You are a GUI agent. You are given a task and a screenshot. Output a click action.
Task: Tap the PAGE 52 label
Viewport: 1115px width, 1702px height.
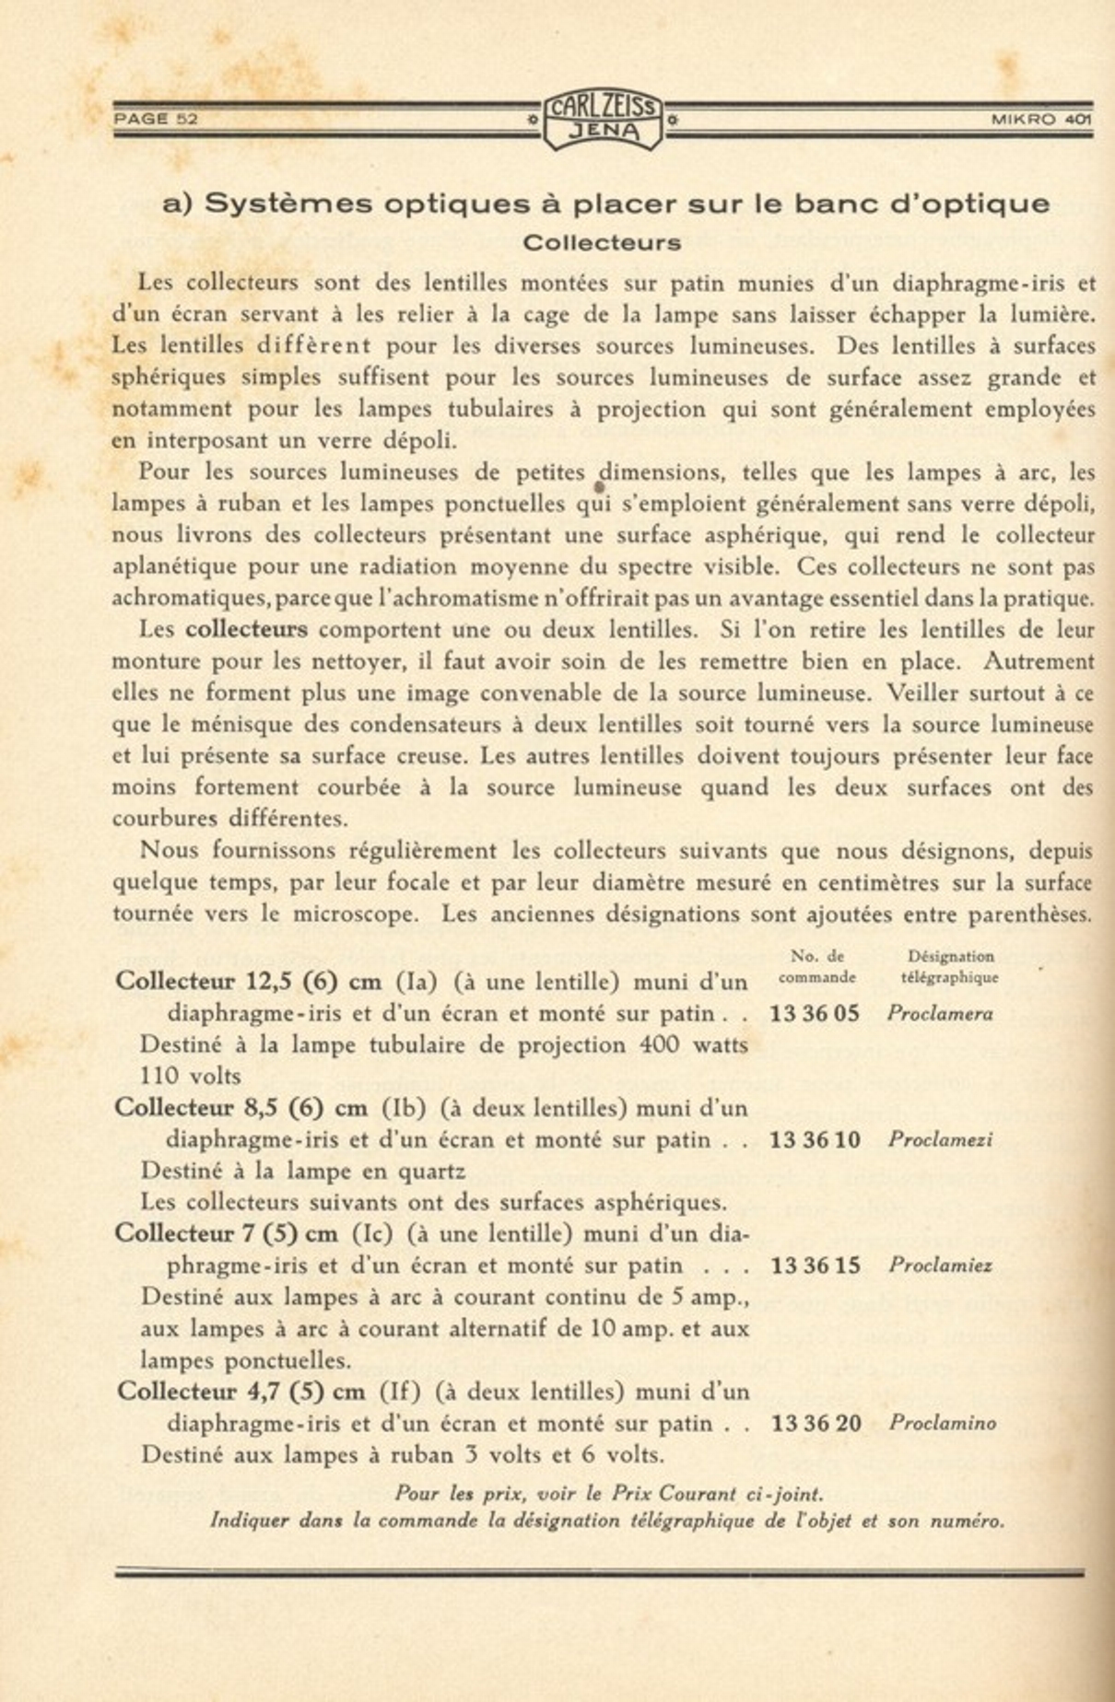[156, 119]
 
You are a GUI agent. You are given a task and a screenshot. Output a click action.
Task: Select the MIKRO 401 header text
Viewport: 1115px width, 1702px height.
[1041, 119]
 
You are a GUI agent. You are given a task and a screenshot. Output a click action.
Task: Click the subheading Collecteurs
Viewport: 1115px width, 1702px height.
[602, 243]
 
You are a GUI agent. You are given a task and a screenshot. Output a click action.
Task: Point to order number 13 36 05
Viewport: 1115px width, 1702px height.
[815, 1014]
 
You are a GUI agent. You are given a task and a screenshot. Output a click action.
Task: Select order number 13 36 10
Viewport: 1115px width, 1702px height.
[815, 1140]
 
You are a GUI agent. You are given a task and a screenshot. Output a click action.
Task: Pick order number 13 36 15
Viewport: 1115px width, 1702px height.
[815, 1266]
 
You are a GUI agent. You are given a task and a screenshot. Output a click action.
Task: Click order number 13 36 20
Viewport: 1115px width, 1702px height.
[816, 1424]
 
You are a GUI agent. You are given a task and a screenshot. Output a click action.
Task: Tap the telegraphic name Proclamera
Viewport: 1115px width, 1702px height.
[940, 1014]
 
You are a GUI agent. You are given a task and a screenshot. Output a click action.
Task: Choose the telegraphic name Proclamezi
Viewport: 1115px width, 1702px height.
[941, 1140]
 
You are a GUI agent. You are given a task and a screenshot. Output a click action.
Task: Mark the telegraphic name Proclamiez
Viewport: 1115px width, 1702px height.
[941, 1266]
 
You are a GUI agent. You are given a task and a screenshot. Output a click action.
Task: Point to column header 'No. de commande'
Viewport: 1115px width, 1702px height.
[817, 967]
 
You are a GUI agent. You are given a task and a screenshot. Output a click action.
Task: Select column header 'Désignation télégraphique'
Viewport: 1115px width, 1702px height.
[950, 967]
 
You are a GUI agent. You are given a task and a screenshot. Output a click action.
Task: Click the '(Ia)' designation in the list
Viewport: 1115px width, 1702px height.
[416, 983]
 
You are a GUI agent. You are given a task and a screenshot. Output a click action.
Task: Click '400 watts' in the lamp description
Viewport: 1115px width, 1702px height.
[691, 1045]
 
